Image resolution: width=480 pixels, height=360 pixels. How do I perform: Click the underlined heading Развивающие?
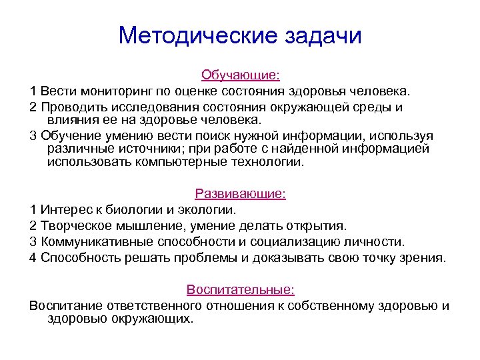click(240, 194)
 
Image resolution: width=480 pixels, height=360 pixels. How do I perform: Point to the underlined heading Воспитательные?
click(241, 290)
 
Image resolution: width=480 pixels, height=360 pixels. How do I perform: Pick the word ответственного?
click(141, 306)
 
